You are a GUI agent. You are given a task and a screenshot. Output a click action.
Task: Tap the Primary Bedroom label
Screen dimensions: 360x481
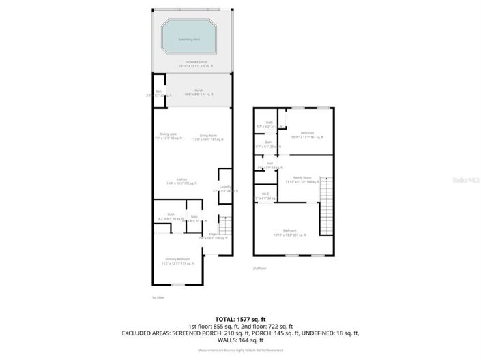tap(175, 260)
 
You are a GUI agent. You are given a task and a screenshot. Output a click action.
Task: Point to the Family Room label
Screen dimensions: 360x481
tap(302, 179)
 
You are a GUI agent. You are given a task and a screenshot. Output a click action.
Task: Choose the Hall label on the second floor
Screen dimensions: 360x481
tap(269, 165)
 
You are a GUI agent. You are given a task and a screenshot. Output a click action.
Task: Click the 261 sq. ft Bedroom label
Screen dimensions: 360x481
tap(289, 232)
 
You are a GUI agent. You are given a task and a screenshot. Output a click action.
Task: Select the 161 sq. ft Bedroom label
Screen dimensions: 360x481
tap(306, 134)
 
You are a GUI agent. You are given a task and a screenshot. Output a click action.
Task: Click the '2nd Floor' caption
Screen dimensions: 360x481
tap(259, 269)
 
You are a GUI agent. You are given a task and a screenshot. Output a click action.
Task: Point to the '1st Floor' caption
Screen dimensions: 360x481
tap(158, 297)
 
